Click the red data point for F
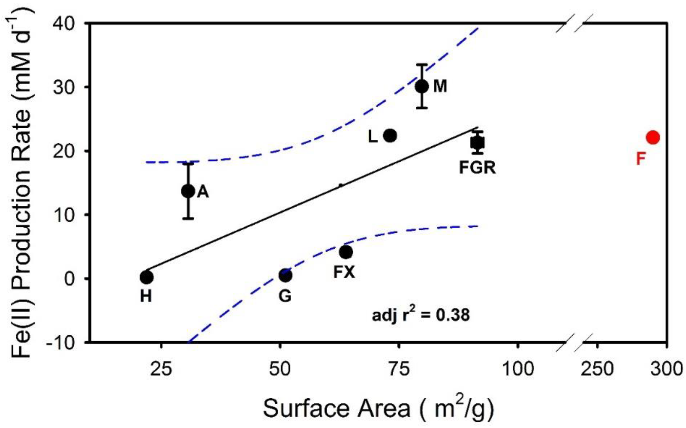coord(653,137)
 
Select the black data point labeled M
coord(422,86)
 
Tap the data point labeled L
coord(390,136)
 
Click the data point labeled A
coord(188,191)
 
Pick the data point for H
coord(147,277)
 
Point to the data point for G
coord(285,275)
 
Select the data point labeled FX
coord(346,252)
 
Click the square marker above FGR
coord(478,143)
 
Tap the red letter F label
coord(640,158)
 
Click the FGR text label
coord(477,168)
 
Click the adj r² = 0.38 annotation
coord(420,315)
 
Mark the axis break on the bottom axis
coord(575,343)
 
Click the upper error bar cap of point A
coord(188,163)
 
